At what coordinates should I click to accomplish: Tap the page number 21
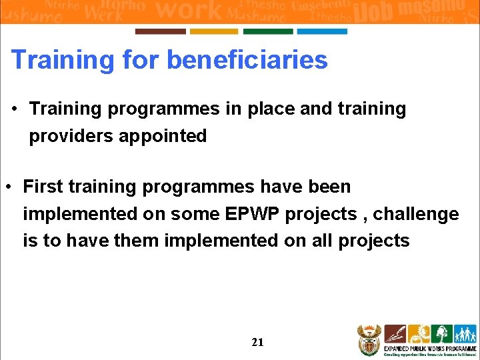click(257, 342)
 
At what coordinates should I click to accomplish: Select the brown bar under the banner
click(160, 31)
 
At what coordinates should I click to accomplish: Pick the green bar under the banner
click(268, 31)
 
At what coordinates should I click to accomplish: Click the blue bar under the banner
click(322, 31)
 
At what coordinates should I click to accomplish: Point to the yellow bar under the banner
click(214, 31)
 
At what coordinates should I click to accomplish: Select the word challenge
click(416, 214)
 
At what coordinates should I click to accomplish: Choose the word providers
click(71, 136)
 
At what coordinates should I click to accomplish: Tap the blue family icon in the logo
click(465, 333)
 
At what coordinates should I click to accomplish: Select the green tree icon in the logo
click(441, 333)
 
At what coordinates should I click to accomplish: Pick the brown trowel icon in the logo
click(395, 333)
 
